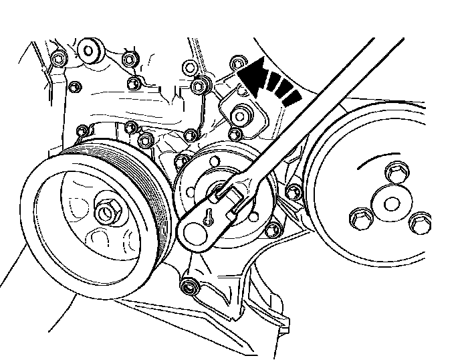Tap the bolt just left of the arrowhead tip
[235, 63]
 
